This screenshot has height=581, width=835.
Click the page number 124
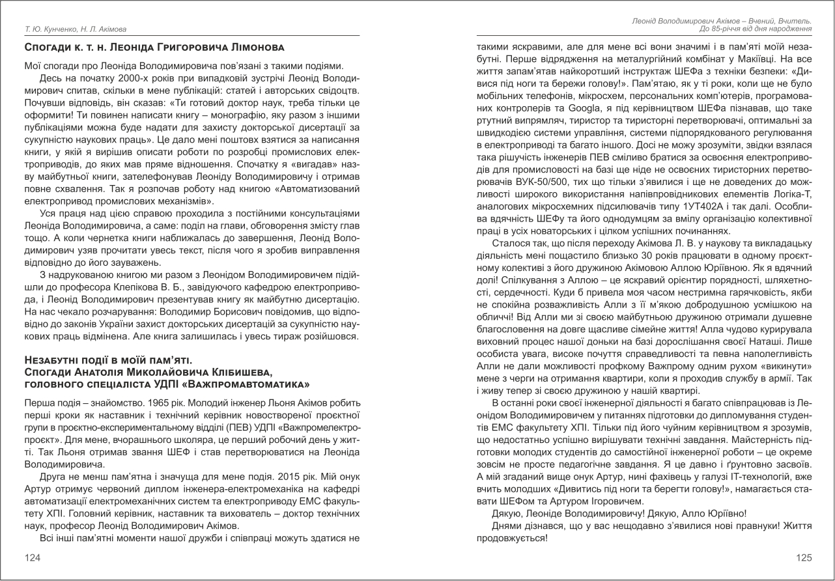[31, 558]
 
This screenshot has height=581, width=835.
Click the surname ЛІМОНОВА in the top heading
[252, 48]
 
